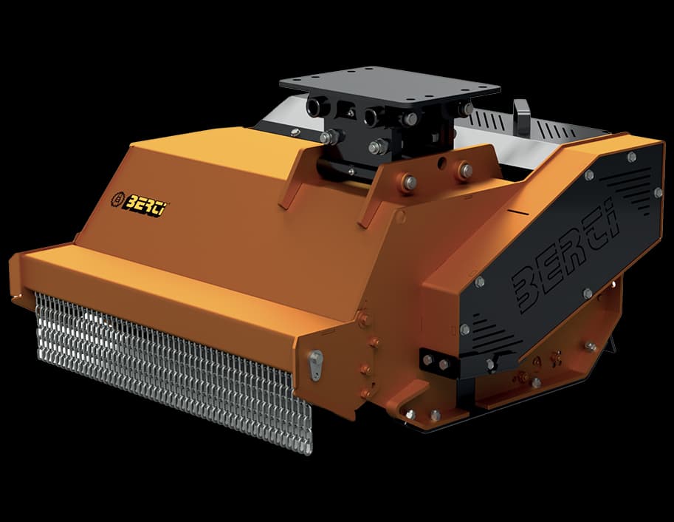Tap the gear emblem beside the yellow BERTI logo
coord(117,199)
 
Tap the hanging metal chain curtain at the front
coord(172,366)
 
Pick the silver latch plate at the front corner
coord(315,365)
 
